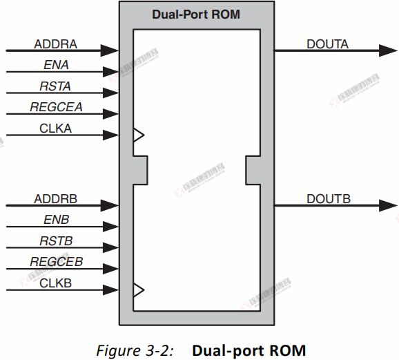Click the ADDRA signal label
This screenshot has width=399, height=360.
(x=55, y=45)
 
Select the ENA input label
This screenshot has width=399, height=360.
(x=55, y=66)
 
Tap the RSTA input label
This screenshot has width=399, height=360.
(x=55, y=86)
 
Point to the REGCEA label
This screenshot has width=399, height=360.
(x=56, y=107)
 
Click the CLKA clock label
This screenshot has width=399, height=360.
(x=55, y=128)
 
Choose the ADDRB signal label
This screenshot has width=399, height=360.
(x=55, y=199)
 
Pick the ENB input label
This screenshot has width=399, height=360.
(x=55, y=220)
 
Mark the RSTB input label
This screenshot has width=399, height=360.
(x=55, y=241)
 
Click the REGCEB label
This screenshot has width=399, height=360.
(x=56, y=262)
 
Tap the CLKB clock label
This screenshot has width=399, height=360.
(x=55, y=283)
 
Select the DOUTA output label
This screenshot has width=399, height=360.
(x=328, y=45)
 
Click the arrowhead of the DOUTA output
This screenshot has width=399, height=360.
(x=387, y=50)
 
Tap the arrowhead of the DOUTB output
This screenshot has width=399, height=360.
(x=387, y=205)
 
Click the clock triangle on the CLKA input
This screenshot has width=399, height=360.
(x=138, y=135)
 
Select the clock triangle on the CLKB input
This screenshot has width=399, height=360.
(x=138, y=290)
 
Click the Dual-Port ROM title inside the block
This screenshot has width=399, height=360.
(x=196, y=14)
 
